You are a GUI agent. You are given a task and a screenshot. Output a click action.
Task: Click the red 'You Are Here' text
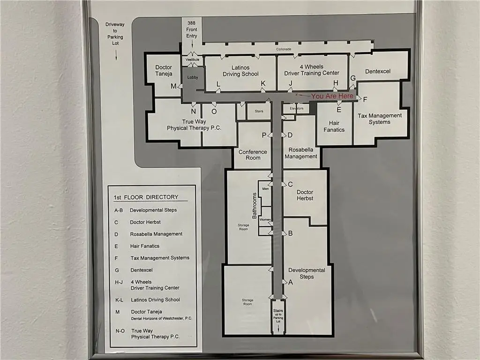[333, 96]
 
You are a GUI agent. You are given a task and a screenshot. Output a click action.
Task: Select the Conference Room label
[253, 155]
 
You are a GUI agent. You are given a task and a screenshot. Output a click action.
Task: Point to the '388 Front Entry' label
[191, 29]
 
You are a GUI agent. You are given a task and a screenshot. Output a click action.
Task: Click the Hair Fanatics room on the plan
[334, 126]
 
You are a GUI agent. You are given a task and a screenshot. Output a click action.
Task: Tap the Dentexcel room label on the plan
[378, 71]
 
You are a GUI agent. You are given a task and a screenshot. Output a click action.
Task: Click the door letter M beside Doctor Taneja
[173, 86]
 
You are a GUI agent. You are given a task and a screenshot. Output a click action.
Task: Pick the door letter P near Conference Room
[264, 135]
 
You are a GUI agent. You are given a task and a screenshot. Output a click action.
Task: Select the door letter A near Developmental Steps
[290, 282]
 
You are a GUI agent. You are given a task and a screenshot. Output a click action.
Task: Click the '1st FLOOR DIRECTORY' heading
[146, 197]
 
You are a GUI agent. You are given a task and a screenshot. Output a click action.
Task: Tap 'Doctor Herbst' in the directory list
[145, 222]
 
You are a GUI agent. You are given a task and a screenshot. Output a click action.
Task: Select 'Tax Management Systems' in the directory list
[160, 258]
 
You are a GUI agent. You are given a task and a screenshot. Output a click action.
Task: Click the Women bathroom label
[265, 220]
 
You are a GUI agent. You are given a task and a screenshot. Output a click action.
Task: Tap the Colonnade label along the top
[283, 49]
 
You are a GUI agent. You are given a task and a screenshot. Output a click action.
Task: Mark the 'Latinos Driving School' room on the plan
[240, 71]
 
